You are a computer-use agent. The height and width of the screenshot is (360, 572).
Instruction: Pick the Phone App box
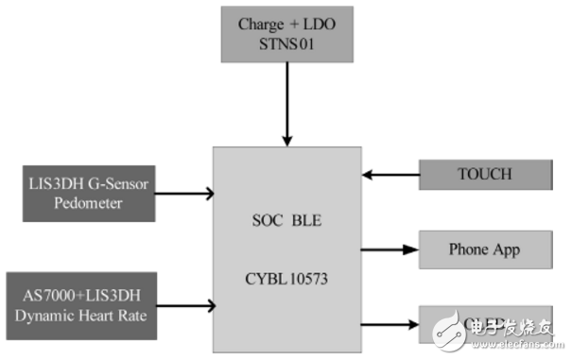point(484,250)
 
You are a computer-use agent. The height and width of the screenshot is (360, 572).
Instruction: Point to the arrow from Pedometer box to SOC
point(184,195)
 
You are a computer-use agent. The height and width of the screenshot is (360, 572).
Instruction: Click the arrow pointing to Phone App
point(390,250)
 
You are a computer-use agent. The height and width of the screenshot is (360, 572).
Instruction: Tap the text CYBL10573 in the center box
point(286,281)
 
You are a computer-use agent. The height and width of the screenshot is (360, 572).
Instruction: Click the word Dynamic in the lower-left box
point(48,315)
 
